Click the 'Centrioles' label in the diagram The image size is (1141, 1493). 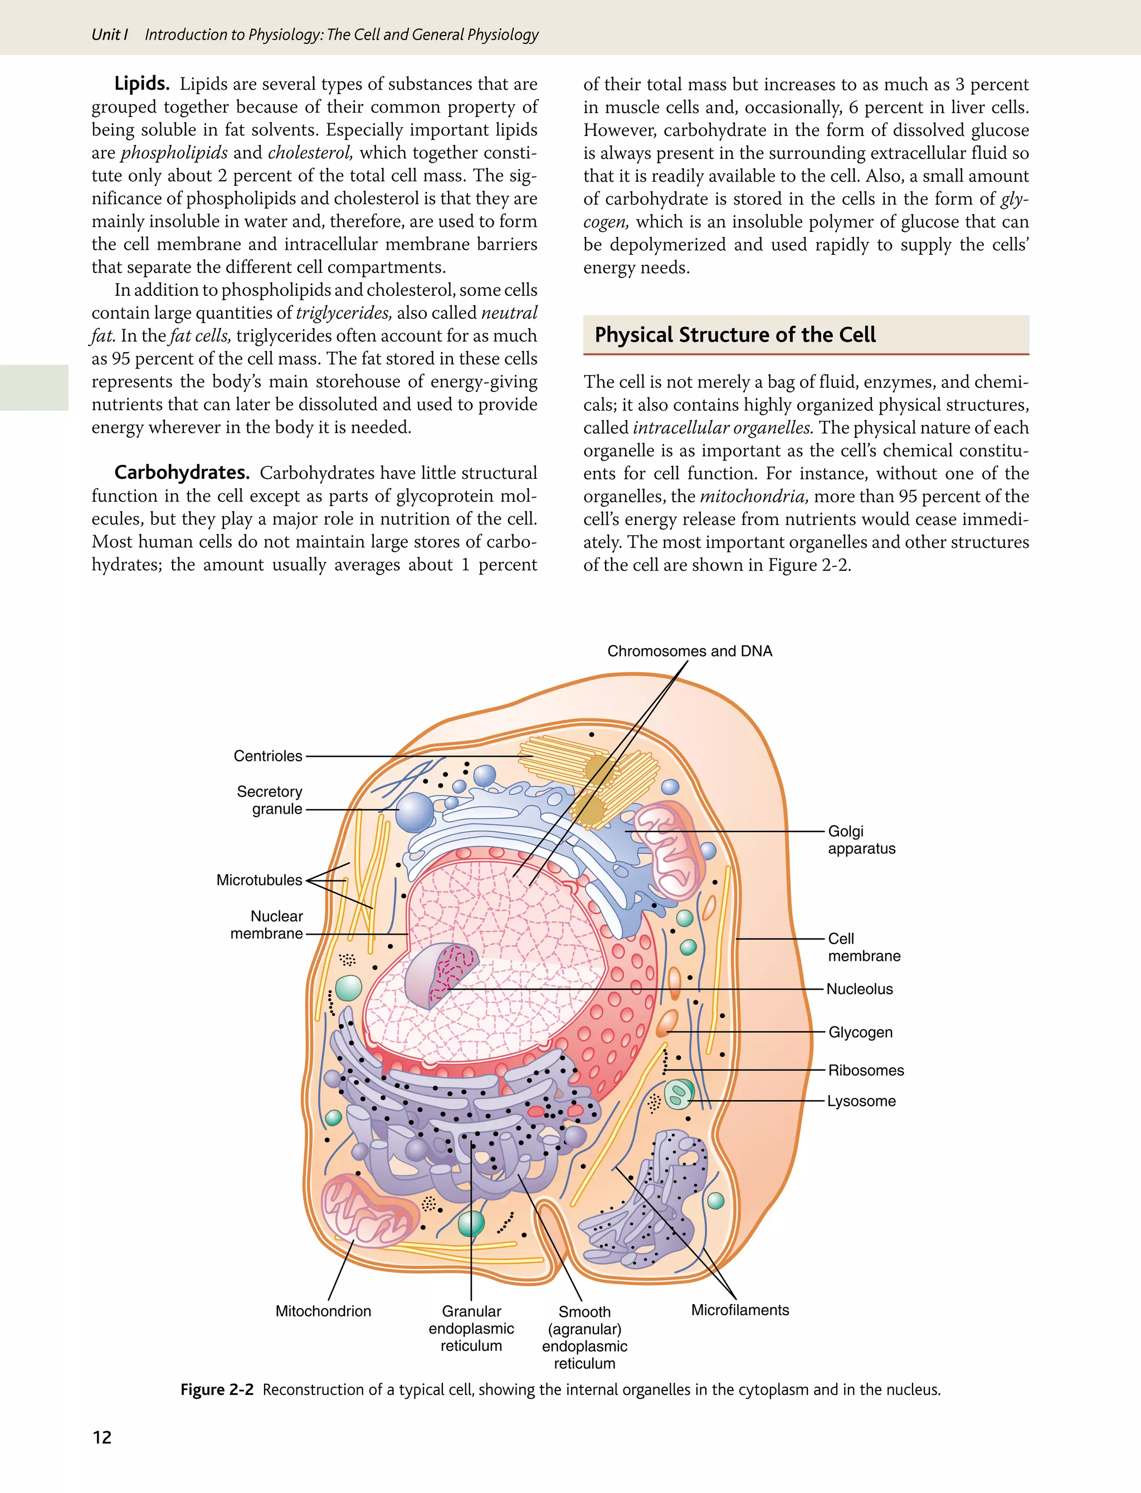tap(267, 756)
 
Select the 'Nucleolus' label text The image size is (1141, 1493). tap(859, 989)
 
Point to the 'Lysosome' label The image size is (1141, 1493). tap(861, 1101)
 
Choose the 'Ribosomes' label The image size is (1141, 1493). tap(866, 1071)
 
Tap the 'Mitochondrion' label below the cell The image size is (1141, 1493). tap(323, 1311)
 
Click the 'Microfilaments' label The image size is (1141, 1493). tap(740, 1310)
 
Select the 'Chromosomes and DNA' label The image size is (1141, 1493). tap(689, 651)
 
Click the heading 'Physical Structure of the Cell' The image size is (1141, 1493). tap(735, 335)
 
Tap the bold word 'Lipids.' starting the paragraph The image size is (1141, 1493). tap(142, 84)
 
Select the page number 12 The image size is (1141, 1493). tap(102, 1437)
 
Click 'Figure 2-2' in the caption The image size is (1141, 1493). tap(217, 1389)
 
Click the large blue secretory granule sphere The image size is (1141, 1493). tap(415, 813)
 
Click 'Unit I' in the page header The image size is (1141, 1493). tap(109, 35)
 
